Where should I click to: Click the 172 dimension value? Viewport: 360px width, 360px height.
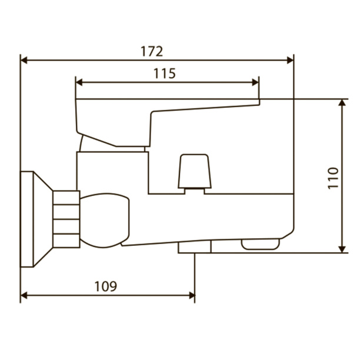pyautogui.click(x=152, y=51)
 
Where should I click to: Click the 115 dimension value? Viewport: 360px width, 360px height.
pyautogui.click(x=165, y=74)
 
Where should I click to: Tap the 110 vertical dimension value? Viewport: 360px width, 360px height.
pyautogui.click(x=333, y=178)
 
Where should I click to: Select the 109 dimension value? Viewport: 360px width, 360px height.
pyautogui.click(x=106, y=286)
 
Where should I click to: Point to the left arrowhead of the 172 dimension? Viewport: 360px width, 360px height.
pyautogui.click(x=24, y=61)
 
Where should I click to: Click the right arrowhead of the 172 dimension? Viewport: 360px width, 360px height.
pyautogui.click(x=290, y=61)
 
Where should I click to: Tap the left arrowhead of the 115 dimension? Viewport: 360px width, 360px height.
pyautogui.click(x=79, y=82)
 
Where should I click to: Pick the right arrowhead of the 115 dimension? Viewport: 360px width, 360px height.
pyautogui.click(x=255, y=82)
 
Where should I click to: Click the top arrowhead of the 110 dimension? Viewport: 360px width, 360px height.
pyautogui.click(x=342, y=102)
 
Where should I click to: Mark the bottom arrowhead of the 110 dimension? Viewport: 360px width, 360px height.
pyautogui.click(x=342, y=249)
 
